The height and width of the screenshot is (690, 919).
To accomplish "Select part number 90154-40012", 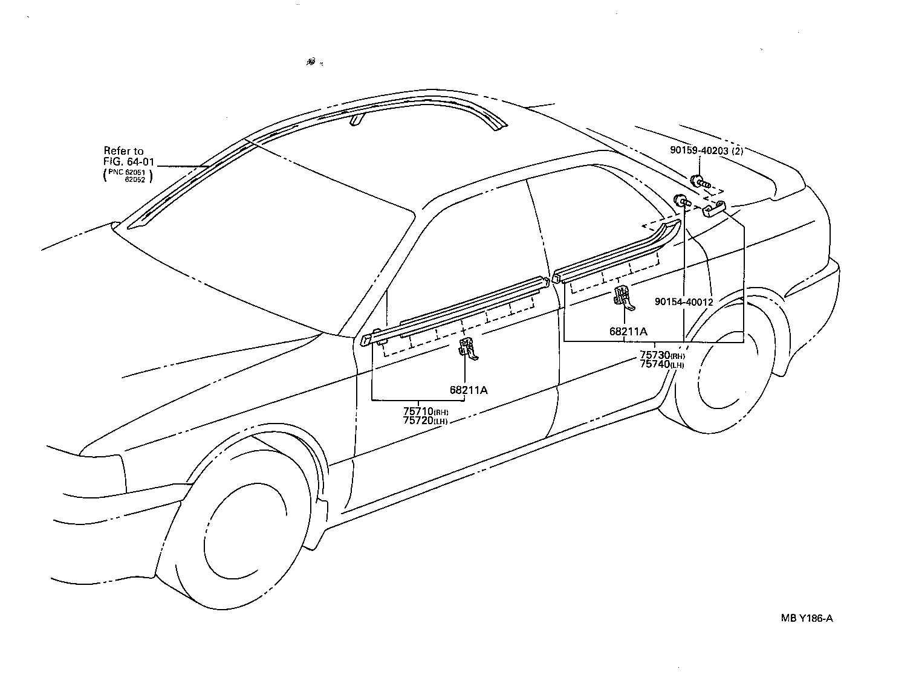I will [684, 301].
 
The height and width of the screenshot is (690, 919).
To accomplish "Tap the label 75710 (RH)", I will [426, 411].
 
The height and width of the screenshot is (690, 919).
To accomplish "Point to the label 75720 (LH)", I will [426, 421].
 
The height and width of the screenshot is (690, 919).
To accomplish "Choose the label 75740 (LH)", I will [662, 364].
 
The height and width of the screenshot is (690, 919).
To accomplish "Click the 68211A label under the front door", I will [468, 390].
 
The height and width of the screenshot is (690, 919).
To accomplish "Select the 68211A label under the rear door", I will [628, 331].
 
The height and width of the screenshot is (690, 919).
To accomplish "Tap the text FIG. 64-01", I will [129, 161].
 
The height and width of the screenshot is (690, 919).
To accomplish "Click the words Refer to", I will [124, 151].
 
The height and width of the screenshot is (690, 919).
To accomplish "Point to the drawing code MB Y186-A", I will [807, 617].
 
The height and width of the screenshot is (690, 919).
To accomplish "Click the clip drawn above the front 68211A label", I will [469, 349].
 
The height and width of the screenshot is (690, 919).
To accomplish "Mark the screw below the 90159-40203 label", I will [698, 181].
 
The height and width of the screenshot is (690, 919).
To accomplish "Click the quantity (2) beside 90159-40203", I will [737, 151].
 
